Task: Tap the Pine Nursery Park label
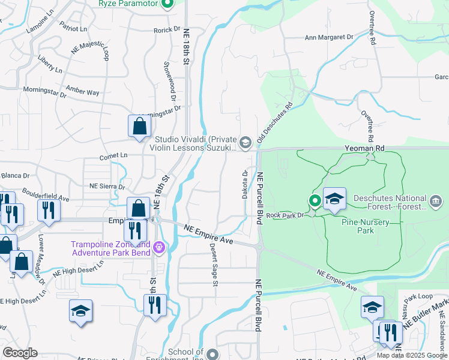point(366,226)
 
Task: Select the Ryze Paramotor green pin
point(168,4)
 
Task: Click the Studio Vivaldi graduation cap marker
point(245,142)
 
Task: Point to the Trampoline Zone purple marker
point(158,247)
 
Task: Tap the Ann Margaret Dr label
point(329,37)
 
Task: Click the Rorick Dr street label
point(167,29)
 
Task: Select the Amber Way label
point(83,91)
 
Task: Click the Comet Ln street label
point(114,155)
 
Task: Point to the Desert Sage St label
point(213,265)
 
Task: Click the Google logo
point(20,353)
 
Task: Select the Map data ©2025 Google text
point(411,355)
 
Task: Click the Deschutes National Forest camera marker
point(437,199)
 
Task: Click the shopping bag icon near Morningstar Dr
point(139,127)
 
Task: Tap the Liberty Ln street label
point(50,64)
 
